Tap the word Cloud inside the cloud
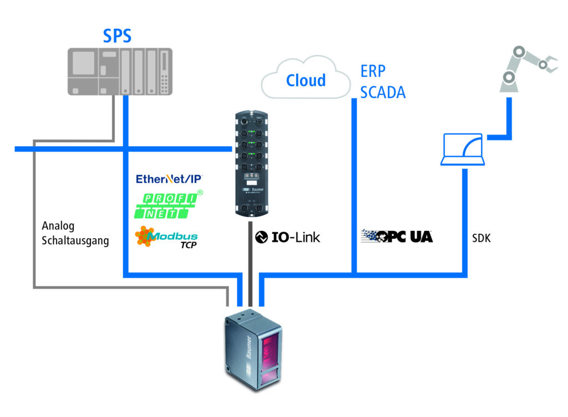coord(306,80)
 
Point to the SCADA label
coord(383,91)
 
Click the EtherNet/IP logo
coord(170,179)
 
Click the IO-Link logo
coord(287,237)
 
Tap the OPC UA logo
coord(397,236)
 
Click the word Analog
coord(58,226)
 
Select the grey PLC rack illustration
coord(120,71)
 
